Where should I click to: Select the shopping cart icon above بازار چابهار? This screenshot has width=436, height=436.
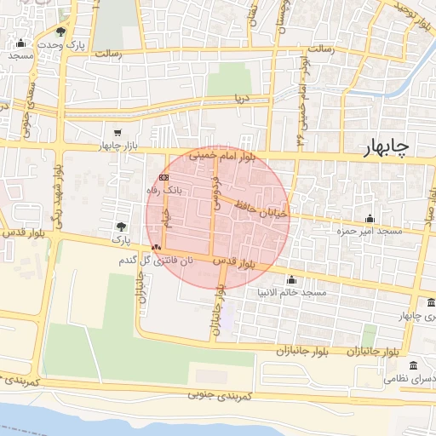(117, 132)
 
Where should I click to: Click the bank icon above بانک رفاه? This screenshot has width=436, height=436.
(163, 176)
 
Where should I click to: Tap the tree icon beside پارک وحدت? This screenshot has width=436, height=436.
(60, 32)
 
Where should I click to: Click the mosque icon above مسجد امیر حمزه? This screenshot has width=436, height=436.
(369, 219)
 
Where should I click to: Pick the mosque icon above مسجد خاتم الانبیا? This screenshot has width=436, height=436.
(291, 279)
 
